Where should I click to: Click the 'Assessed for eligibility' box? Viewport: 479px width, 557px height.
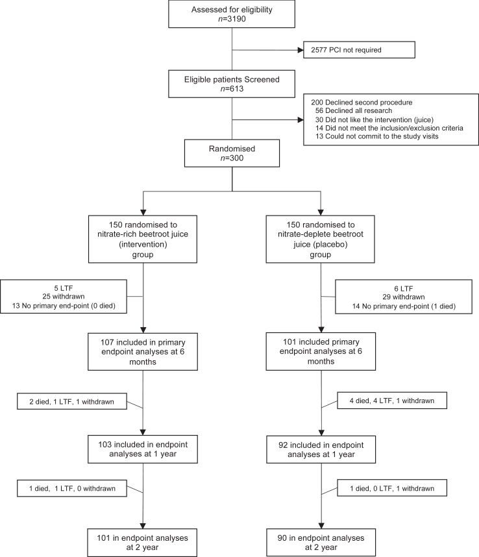pos(232,14)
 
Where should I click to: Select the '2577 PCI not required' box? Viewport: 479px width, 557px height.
pos(359,50)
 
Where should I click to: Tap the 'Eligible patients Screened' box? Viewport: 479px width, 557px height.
pos(232,84)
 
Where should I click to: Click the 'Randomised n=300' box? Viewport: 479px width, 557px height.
pos(232,153)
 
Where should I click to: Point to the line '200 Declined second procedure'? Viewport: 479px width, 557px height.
pos(362,103)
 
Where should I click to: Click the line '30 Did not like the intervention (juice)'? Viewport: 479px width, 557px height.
pos(375,119)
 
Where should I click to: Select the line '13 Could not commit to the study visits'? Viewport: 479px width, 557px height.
pos(376,136)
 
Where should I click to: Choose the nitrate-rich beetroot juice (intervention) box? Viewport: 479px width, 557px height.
pos(143,239)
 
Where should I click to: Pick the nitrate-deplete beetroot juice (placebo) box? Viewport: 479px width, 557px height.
pos(320,239)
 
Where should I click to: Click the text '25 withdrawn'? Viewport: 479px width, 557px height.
pos(64,296)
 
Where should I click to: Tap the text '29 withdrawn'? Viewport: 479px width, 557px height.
pos(403,297)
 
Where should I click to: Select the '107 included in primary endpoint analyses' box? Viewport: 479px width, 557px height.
pos(143,352)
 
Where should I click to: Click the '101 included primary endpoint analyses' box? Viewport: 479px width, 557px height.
pos(321,351)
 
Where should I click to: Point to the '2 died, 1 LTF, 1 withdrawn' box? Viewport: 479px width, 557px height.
pos(72,401)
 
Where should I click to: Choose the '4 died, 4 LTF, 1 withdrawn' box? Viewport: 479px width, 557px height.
pos(391,401)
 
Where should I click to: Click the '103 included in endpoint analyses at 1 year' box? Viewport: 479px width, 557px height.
pos(143,449)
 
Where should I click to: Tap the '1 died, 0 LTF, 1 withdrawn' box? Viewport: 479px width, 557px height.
pos(391,488)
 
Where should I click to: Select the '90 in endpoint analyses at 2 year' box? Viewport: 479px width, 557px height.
pos(321,543)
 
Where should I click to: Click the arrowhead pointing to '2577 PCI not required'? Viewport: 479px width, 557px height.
pos(301,50)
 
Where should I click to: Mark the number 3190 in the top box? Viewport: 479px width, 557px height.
pos(236,19)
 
